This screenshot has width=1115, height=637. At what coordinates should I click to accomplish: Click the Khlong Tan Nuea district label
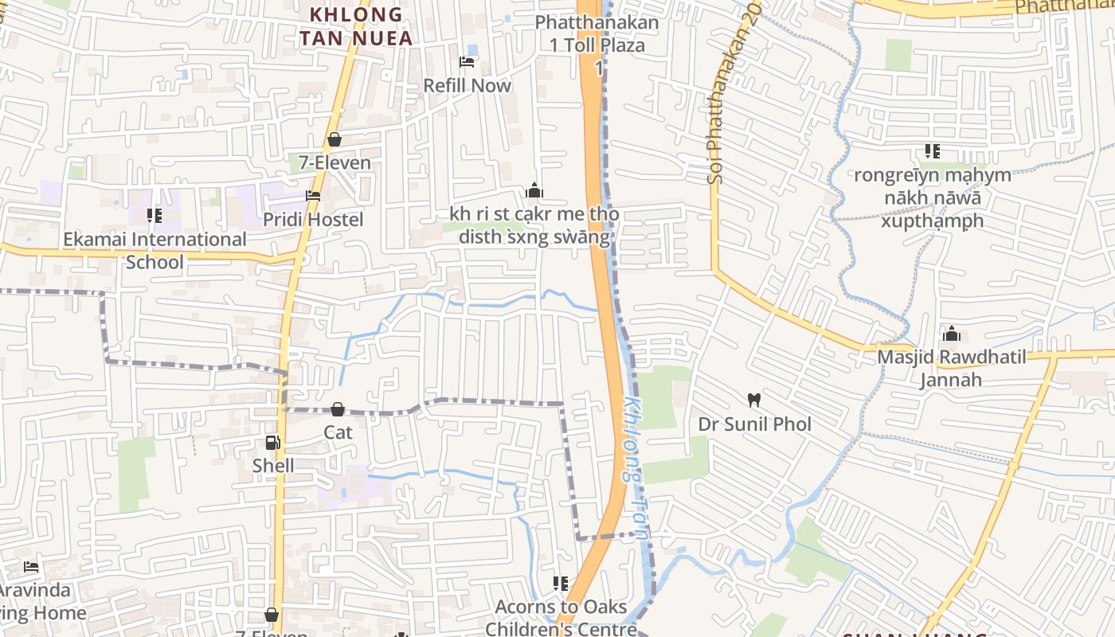(356, 25)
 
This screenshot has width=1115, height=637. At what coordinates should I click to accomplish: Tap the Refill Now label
(468, 85)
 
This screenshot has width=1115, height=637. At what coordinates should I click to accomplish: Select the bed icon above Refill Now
(468, 62)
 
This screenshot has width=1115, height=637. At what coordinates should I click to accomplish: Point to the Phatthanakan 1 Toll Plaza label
(597, 33)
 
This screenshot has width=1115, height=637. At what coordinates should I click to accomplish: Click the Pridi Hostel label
(313, 220)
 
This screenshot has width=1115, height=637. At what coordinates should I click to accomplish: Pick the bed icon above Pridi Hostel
(313, 195)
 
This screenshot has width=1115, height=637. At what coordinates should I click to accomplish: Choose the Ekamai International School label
(155, 250)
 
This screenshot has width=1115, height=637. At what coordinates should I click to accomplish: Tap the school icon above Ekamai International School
(155, 215)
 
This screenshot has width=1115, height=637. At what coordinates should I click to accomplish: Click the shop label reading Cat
(338, 432)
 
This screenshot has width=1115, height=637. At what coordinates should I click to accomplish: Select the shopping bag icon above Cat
(338, 409)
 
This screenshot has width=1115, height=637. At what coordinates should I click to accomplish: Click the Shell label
(273, 466)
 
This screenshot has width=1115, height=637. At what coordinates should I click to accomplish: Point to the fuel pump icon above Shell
(273, 443)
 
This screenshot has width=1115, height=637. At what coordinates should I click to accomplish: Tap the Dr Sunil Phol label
(754, 424)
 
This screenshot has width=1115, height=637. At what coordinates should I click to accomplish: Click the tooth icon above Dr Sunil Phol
(754, 400)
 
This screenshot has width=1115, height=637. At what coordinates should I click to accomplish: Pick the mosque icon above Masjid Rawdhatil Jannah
(951, 333)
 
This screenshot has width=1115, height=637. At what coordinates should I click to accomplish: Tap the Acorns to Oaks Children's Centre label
(561, 618)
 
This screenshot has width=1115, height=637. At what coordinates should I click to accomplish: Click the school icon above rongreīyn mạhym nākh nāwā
(933, 151)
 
